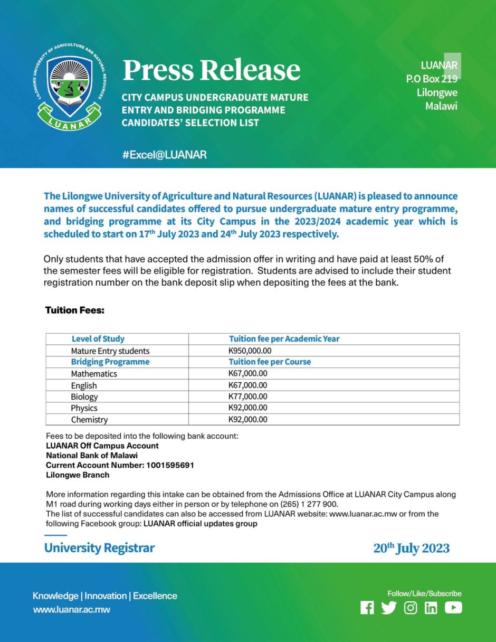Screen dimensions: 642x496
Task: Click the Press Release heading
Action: point(212,70)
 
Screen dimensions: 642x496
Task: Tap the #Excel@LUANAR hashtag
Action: point(164,155)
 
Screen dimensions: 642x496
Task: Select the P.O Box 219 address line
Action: point(431,79)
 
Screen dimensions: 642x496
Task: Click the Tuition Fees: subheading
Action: point(74,310)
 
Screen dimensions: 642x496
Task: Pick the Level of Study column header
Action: point(98,339)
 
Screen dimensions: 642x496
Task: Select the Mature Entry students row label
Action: point(110,351)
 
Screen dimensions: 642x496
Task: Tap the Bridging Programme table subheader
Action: point(110,362)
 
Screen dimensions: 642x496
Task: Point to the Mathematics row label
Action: point(94,374)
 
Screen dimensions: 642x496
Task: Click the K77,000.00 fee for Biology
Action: point(248,396)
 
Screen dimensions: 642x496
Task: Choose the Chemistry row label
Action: point(89,420)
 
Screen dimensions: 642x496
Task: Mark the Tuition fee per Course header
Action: point(270,362)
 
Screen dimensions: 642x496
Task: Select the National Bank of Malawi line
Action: point(92,456)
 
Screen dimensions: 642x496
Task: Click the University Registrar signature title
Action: point(99,548)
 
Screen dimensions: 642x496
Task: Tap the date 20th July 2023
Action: point(412,548)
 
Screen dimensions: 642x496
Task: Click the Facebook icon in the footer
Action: point(367,608)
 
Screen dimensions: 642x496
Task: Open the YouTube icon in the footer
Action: point(453,608)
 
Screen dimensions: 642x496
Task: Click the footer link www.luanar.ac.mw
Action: point(72,610)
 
